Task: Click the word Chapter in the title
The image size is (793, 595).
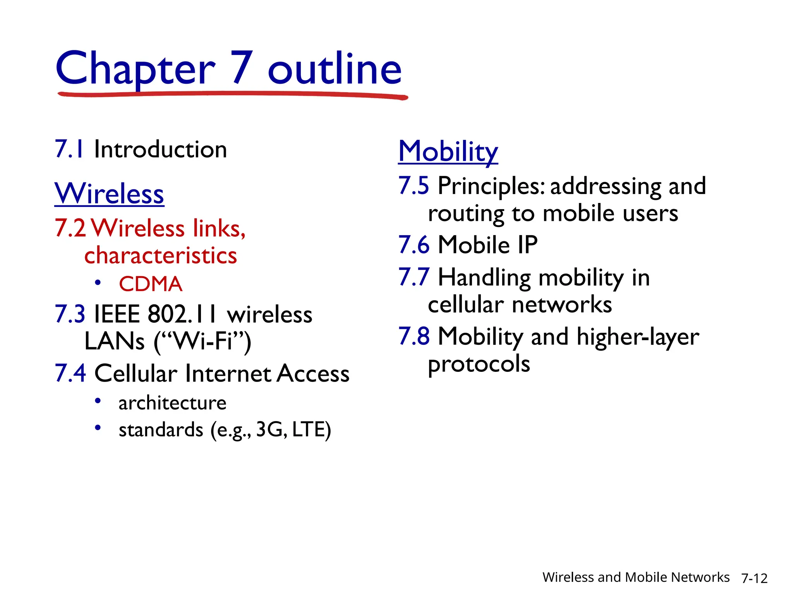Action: (135, 69)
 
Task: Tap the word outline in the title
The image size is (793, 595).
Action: (335, 69)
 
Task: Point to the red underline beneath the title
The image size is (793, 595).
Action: (232, 94)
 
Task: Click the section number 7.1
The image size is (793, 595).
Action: (69, 149)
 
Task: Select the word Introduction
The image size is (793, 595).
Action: (160, 150)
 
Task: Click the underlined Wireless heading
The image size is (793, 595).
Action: (109, 193)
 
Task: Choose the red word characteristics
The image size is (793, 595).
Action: (160, 256)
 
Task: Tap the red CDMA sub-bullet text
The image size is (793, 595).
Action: (150, 284)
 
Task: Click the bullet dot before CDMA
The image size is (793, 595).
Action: (98, 283)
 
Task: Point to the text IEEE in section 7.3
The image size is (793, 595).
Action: (117, 314)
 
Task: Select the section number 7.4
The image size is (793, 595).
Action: (70, 373)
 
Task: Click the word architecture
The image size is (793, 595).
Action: (172, 403)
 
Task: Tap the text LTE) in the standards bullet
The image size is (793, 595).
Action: (312, 430)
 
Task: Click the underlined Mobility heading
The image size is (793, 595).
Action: (448, 151)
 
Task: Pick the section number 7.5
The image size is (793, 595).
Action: (414, 186)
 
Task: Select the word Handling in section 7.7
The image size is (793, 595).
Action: (484, 278)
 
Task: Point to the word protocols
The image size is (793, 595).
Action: (479, 365)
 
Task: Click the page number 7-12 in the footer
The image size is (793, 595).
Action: (754, 578)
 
